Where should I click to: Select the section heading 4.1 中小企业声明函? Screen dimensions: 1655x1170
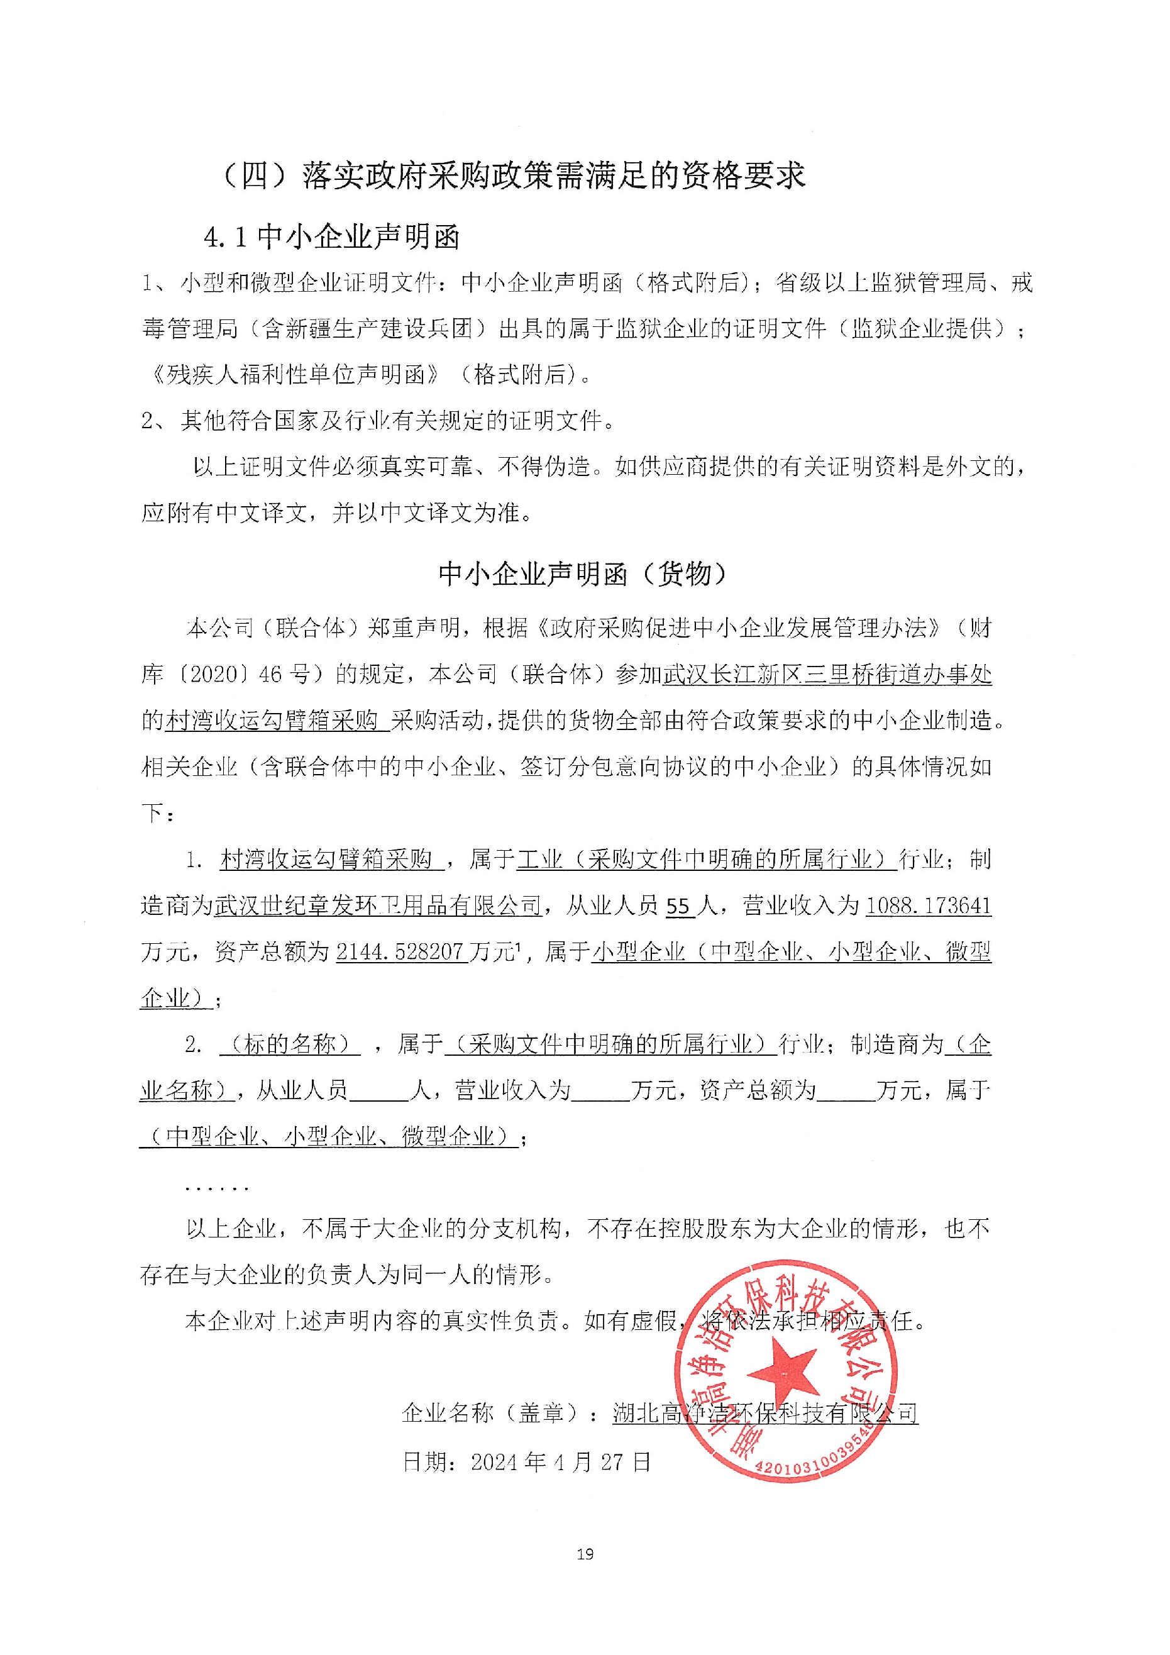coord(331,237)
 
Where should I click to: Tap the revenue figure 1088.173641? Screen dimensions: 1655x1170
coord(928,906)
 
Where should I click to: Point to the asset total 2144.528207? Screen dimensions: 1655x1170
coord(399,952)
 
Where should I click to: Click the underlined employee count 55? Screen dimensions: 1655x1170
coord(678,906)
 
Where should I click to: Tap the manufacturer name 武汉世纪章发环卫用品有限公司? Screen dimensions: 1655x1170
coord(378,906)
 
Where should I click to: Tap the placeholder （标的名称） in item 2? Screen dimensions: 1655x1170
coord(290,1044)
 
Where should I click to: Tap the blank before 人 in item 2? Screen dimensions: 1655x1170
coord(378,1092)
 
